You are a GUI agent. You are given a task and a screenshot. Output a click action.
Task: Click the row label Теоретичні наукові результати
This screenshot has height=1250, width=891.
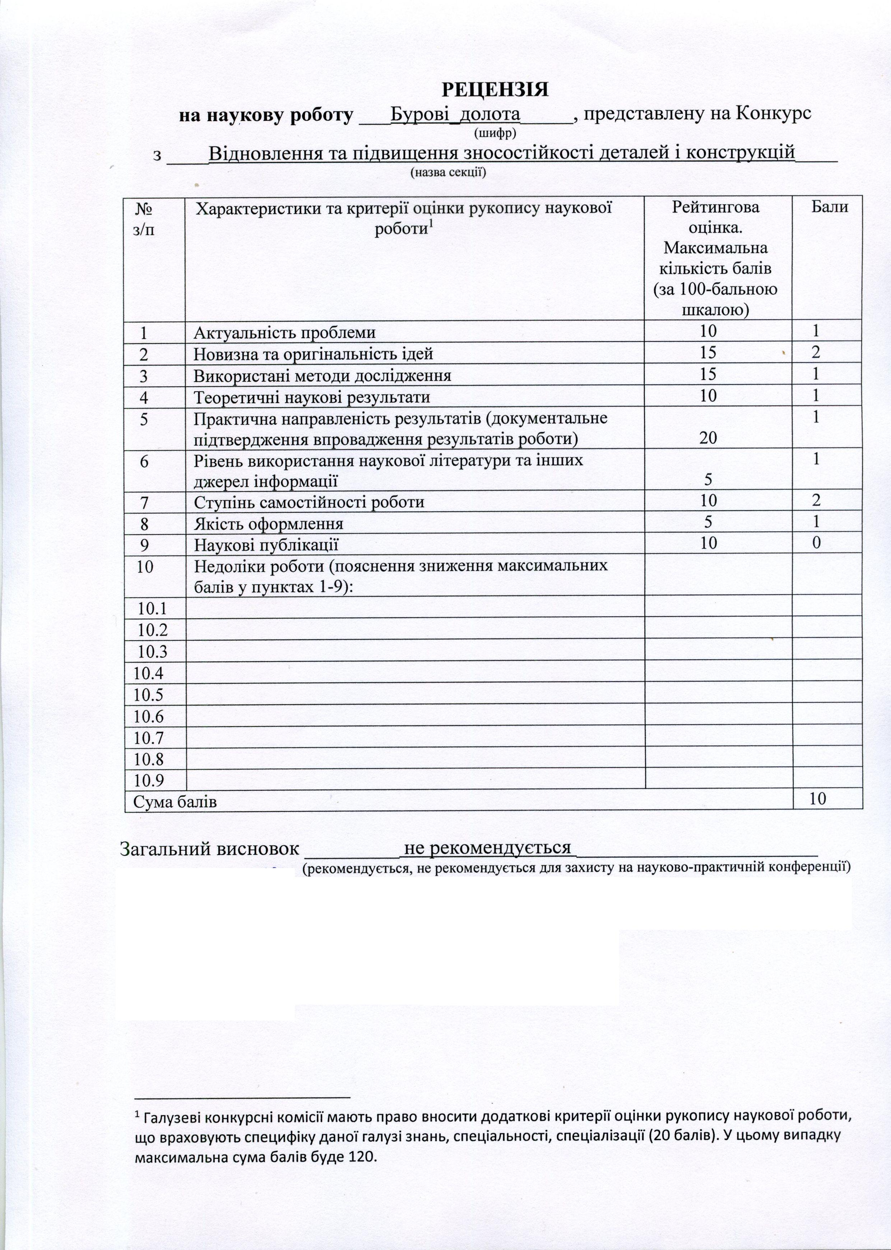point(312,397)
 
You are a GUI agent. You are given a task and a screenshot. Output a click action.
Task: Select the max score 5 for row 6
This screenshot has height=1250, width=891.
point(708,480)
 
